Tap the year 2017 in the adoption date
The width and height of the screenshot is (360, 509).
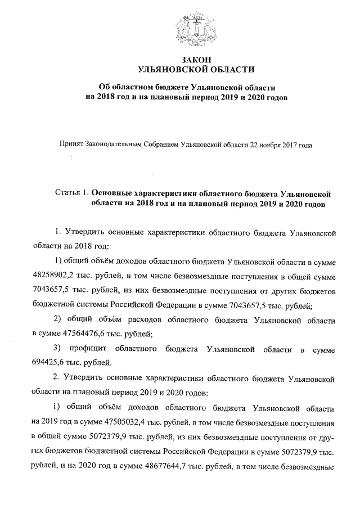click(289, 145)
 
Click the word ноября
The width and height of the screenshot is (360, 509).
click(268, 145)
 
